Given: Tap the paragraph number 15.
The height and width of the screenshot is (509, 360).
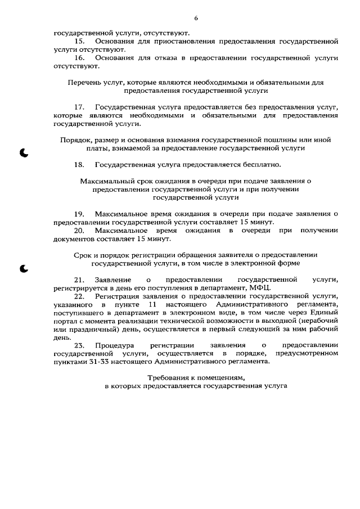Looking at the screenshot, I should coord(80,42).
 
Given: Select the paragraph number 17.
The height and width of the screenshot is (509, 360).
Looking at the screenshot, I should coord(80,107).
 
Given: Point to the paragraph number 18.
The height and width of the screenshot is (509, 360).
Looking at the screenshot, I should coord(80,165).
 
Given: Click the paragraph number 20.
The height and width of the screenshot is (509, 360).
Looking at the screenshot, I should coord(80,231).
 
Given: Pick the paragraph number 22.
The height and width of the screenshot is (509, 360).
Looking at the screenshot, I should coord(80,296).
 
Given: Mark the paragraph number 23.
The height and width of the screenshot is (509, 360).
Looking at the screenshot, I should coord(80,345).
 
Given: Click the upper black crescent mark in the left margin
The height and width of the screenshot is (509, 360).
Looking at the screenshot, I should coord(24,152).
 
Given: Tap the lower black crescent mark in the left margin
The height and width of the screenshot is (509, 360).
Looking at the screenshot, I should coord(24,268).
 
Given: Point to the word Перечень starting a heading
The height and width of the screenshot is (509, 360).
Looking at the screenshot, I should coord(83,82).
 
